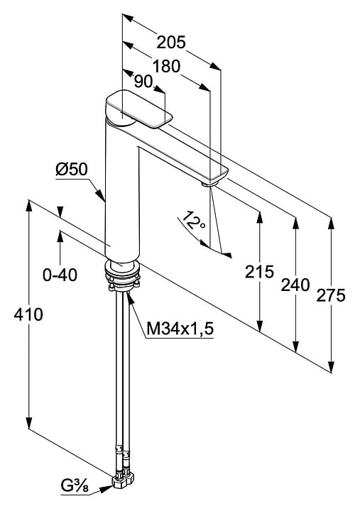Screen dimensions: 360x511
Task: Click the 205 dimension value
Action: tap(171, 42)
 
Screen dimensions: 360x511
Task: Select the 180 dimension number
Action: tap(166, 66)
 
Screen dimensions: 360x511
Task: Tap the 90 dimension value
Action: tap(143, 82)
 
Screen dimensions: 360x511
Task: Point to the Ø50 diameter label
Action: tap(72, 169)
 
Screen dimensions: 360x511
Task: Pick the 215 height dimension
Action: tap(260, 271)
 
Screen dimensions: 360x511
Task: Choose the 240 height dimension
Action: tap(295, 285)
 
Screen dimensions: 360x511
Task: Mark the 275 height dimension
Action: tap(331, 295)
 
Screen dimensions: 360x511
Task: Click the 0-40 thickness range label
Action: tap(60, 275)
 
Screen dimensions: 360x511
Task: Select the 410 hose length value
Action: tap(28, 314)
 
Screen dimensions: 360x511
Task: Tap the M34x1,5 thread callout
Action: tap(180, 329)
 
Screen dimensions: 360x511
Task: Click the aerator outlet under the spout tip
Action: tap(209, 185)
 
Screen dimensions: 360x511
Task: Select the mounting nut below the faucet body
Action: tap(122, 275)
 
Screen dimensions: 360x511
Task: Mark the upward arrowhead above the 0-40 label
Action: tap(60, 236)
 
